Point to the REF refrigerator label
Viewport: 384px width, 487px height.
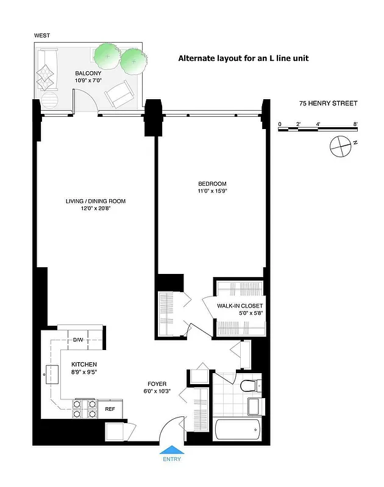point(110,409)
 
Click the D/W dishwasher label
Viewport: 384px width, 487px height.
point(78,340)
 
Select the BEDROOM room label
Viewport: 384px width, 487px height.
point(212,184)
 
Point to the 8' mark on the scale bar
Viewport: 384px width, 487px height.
point(355,124)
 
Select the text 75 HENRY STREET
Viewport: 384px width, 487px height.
point(328,103)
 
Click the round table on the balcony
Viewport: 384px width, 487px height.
point(48,101)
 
